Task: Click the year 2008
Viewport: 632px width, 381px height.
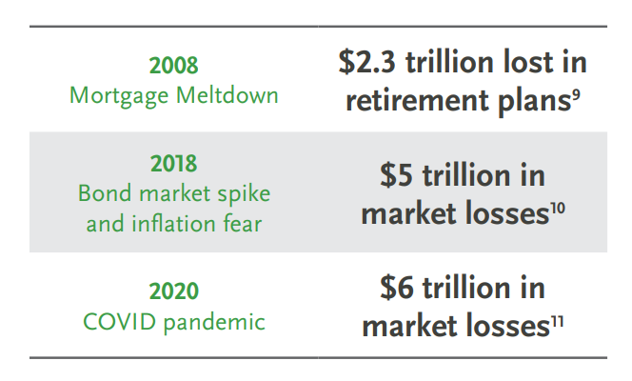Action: click(174, 66)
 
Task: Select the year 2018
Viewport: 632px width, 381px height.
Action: click(174, 164)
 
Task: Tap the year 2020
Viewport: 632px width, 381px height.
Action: click(174, 291)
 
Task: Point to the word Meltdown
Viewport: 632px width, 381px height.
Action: click(227, 95)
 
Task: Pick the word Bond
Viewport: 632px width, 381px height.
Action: click(105, 193)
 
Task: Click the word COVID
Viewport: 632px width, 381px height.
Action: click(119, 322)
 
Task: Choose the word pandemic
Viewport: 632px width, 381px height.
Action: click(214, 323)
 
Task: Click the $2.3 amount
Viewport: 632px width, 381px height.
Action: click(366, 62)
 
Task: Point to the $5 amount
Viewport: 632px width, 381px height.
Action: click(396, 175)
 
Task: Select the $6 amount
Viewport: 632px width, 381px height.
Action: click(397, 288)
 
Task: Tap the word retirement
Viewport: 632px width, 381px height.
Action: click(418, 100)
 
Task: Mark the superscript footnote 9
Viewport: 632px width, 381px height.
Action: click(576, 94)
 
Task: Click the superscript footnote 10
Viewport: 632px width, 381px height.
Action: click(558, 208)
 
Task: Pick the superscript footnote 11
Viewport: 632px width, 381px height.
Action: click(557, 321)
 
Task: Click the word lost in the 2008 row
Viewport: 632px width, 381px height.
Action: click(527, 62)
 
